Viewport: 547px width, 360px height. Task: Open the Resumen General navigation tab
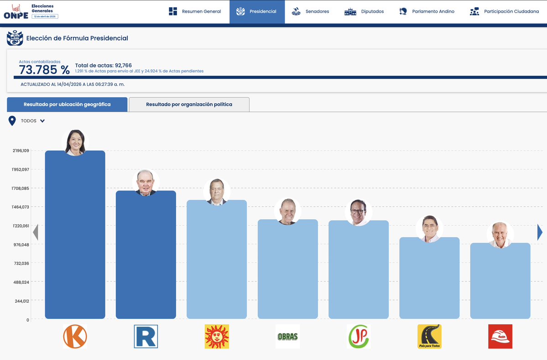tap(195, 11)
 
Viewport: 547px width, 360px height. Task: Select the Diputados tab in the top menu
tap(364, 11)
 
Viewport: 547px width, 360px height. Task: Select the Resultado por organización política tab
tap(189, 104)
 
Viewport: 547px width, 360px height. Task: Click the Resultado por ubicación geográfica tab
tap(67, 104)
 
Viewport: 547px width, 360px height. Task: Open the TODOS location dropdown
tap(32, 121)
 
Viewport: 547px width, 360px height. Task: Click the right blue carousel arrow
tap(540, 233)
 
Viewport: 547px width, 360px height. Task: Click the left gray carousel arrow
tap(36, 233)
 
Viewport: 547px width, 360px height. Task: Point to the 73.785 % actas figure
tap(44, 70)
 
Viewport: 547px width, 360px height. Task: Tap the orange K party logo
tap(75, 336)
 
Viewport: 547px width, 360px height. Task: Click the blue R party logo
tap(146, 336)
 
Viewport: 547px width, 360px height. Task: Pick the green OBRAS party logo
tap(287, 337)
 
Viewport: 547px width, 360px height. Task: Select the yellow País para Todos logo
tap(429, 336)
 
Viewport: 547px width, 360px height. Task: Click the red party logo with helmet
tap(500, 336)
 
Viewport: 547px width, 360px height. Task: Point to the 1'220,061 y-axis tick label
tap(21, 226)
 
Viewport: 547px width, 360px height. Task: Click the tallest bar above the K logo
tap(75, 237)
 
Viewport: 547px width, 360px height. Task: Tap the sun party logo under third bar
tap(217, 336)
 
